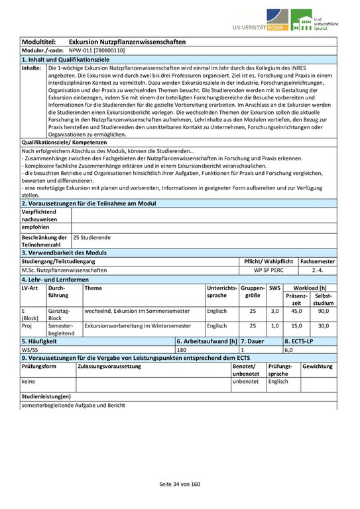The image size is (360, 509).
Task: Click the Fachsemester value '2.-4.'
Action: click(318, 270)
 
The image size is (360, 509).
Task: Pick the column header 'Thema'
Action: click(93, 288)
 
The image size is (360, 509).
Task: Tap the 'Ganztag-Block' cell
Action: click(59, 314)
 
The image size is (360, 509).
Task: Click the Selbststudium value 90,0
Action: click(324, 310)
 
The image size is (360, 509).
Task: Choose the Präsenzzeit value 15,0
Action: click(296, 326)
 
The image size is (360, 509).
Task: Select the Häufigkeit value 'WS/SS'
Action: click(30, 349)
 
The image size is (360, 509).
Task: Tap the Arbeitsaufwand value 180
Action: click(182, 349)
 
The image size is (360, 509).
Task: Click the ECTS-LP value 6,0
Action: click(289, 349)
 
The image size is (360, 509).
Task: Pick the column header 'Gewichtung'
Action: click(318, 366)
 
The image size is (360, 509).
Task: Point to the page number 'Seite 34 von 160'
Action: click(179, 484)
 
